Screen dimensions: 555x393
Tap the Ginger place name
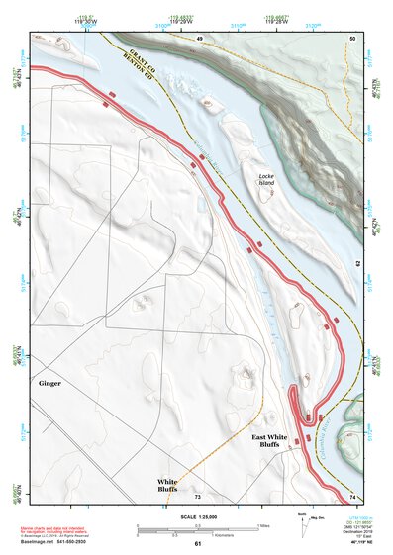coord(50,382)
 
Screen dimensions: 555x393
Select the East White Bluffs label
coord(271,440)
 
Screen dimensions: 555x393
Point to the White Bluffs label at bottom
coord(167,485)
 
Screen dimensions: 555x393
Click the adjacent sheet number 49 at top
coord(198,38)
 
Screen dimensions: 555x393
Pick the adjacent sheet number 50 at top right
coord(351,38)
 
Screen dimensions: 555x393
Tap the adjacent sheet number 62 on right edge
coord(358,264)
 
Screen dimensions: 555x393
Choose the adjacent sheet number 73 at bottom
coord(198,496)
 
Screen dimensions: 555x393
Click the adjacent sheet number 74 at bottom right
coord(353,496)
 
